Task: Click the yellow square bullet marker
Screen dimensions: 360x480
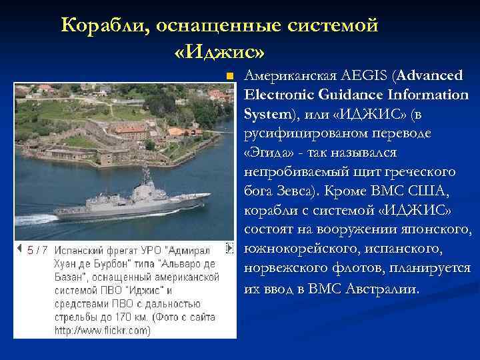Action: [229, 75]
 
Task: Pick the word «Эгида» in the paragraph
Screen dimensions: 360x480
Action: [265, 153]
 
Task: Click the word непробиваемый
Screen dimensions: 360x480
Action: [287, 172]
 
